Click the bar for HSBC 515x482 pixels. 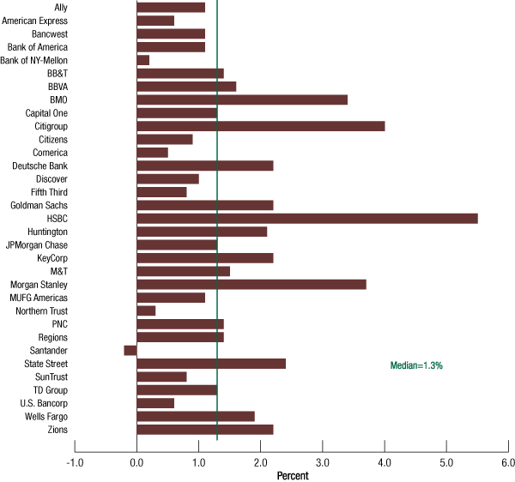click(x=306, y=219)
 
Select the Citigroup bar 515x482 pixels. click(x=260, y=126)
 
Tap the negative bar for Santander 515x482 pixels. click(x=130, y=350)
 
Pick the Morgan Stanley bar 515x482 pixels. click(x=251, y=284)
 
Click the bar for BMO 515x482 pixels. click(x=241, y=99)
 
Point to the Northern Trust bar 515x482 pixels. click(x=146, y=310)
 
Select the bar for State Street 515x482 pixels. click(x=210, y=364)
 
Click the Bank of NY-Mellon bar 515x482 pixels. click(x=142, y=60)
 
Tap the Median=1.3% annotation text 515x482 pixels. click(x=416, y=365)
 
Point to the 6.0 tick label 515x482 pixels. click(x=507, y=463)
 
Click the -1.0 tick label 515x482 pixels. click(x=75, y=463)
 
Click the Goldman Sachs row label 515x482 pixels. click(x=39, y=205)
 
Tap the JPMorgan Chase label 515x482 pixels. click(x=36, y=244)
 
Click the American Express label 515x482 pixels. click(x=35, y=21)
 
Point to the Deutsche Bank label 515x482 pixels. click(x=39, y=166)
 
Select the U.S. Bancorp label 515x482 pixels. click(x=44, y=403)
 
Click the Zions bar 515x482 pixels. click(x=204, y=430)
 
